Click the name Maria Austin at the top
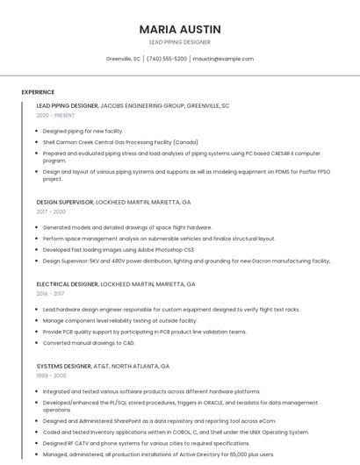pos(180,29)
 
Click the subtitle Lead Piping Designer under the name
pos(180,42)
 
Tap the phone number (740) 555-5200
pos(166,59)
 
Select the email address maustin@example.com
pos(223,59)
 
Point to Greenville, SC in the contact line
pos(123,59)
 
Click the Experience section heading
pos(38,92)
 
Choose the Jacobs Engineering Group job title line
pos(133,105)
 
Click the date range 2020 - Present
pos(56,116)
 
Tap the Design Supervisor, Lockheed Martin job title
pos(113,202)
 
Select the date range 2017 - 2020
pos(51,211)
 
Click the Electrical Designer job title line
pos(116,284)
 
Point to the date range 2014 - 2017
pos(51,294)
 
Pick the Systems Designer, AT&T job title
pos(103,366)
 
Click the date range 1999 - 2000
pos(51,376)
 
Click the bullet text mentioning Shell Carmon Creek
pos(120,141)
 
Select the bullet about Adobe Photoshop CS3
pos(119,249)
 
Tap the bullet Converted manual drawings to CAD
pos(89,343)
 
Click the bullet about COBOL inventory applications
pos(176,432)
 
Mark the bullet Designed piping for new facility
pos(83,131)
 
